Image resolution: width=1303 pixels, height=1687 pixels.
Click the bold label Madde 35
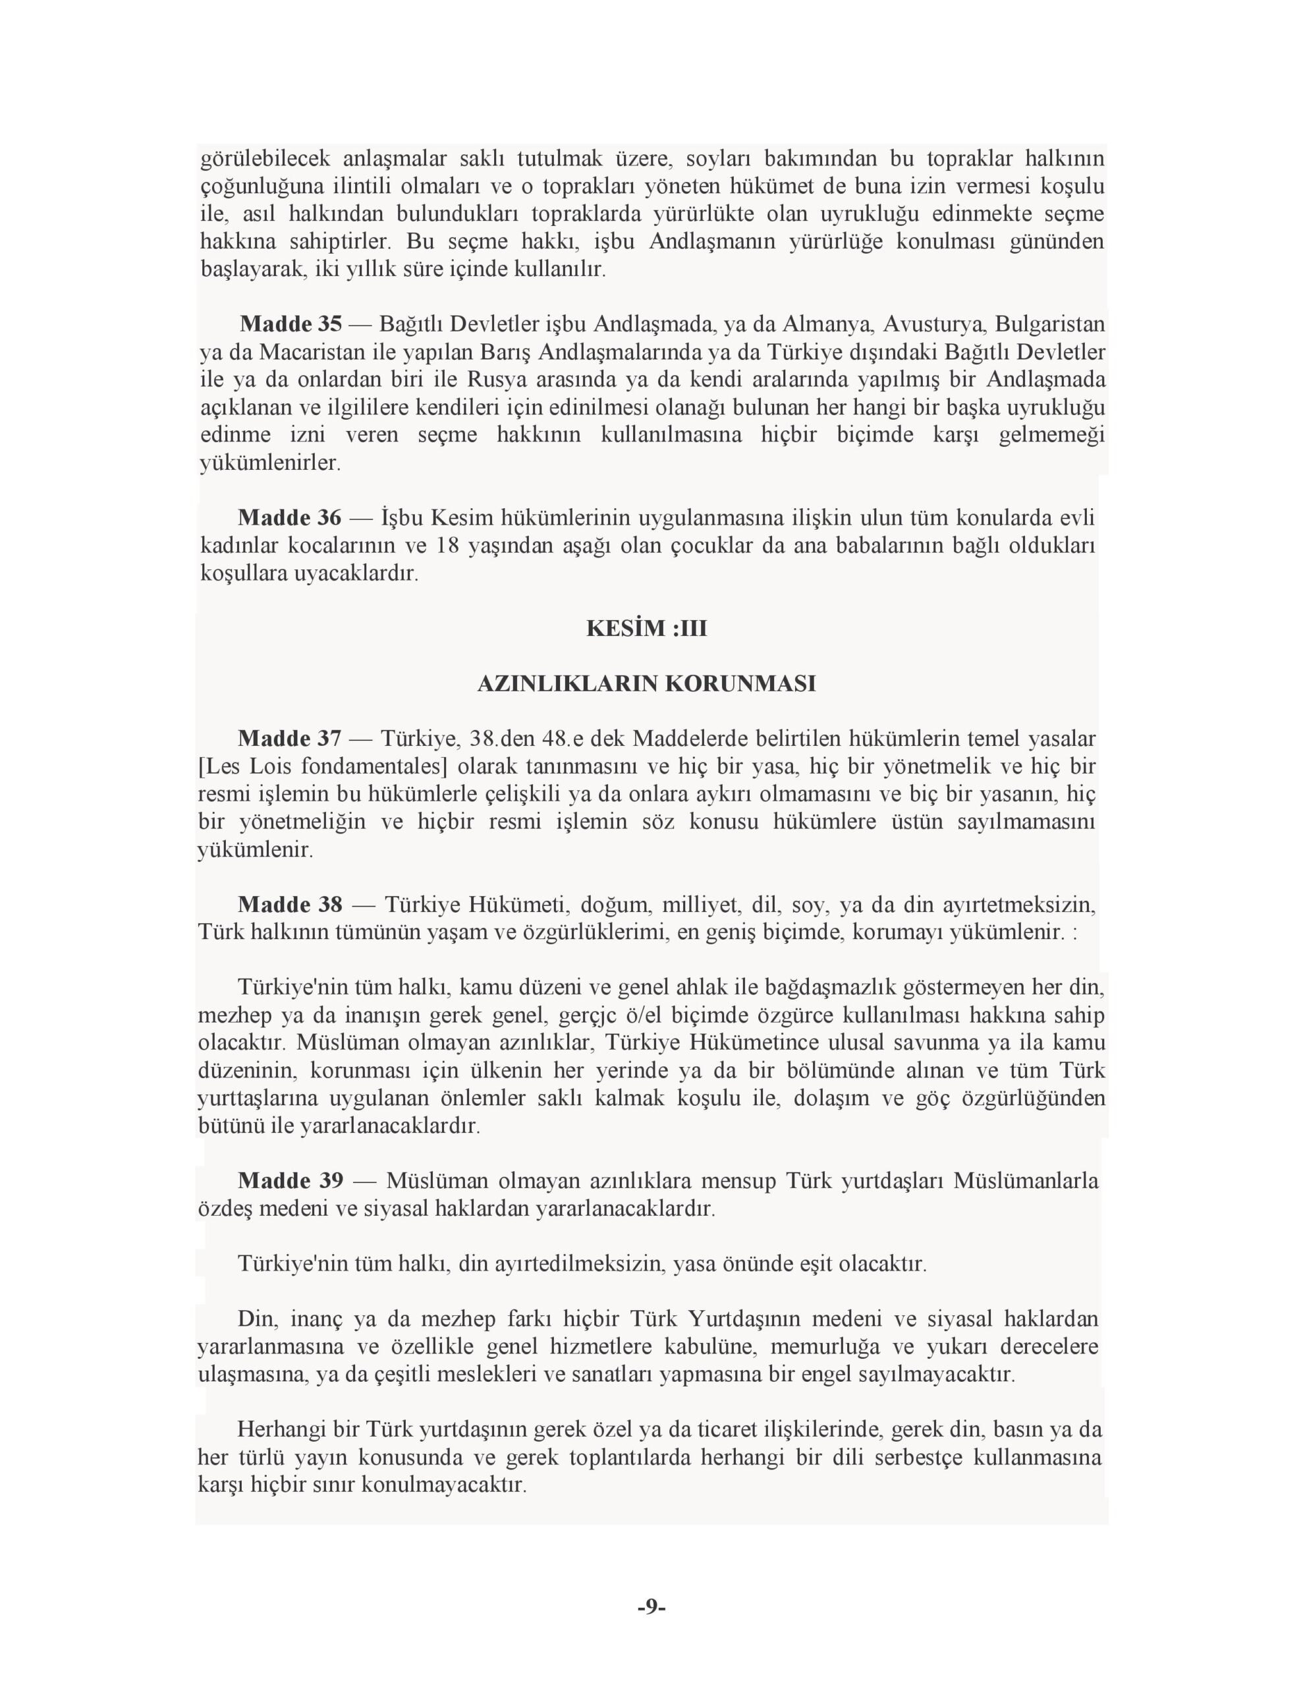291,324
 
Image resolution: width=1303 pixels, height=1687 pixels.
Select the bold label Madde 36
289,517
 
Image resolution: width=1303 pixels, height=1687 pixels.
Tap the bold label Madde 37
289,739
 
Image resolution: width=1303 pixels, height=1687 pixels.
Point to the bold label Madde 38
290,905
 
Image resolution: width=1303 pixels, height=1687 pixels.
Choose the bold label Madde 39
291,1181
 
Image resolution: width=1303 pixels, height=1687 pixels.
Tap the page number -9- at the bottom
651,1607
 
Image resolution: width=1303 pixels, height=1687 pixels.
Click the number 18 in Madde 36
448,546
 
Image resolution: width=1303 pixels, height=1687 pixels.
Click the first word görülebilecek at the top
265,159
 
